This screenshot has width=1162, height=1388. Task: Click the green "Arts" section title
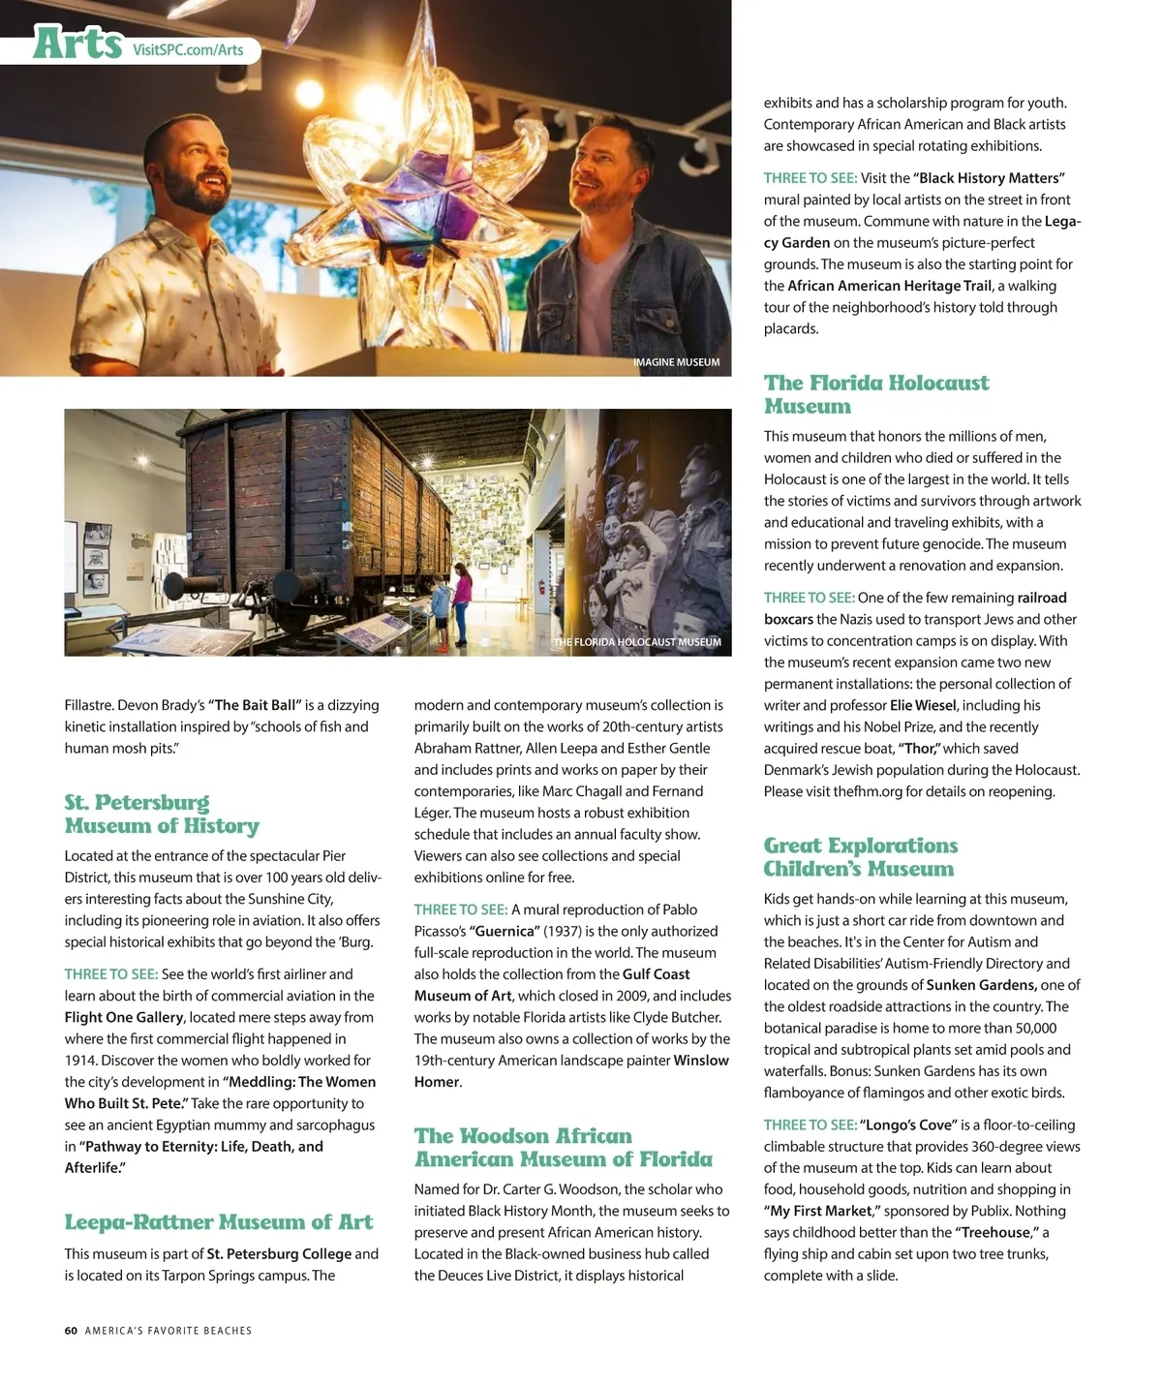click(77, 43)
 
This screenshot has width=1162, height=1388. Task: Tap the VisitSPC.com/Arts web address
click(188, 49)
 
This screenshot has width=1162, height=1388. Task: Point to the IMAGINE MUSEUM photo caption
click(676, 362)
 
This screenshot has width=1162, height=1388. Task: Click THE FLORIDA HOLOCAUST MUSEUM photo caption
click(637, 642)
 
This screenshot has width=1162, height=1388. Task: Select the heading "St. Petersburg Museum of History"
click(162, 814)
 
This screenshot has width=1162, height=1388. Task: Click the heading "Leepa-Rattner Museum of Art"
click(219, 1221)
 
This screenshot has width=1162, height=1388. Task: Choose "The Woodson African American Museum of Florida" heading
click(563, 1147)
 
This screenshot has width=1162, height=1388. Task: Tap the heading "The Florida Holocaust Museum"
click(875, 394)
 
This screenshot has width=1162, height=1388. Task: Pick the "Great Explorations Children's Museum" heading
click(860, 856)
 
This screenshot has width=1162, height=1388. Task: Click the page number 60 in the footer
click(71, 1331)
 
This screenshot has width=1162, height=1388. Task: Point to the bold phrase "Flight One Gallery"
click(124, 1017)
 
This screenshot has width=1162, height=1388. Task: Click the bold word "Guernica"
click(504, 931)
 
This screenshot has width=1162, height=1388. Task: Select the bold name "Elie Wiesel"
click(923, 705)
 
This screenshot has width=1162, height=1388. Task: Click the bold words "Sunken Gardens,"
click(981, 985)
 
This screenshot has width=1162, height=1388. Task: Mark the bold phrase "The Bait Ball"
click(255, 705)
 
